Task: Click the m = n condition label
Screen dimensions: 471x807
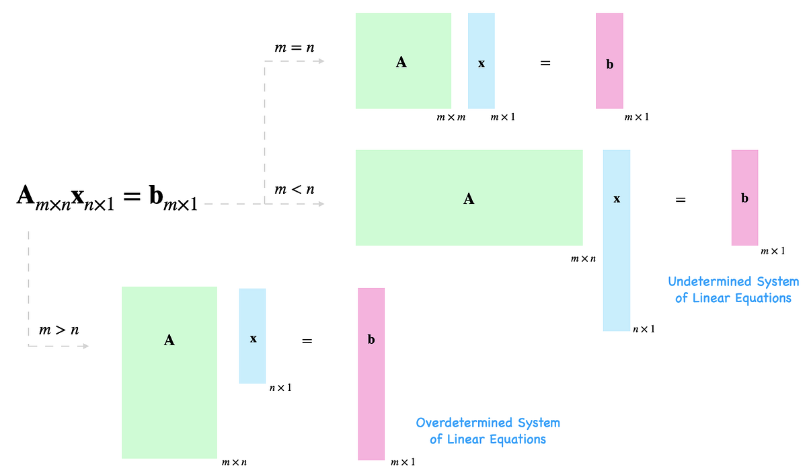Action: click(x=295, y=48)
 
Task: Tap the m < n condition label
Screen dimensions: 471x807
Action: click(x=295, y=190)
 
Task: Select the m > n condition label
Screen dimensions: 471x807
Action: click(x=59, y=330)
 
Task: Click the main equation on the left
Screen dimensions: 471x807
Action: click(x=107, y=198)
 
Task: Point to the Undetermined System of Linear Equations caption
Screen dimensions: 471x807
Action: click(x=733, y=289)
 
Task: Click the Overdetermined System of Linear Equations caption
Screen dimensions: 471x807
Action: click(x=488, y=431)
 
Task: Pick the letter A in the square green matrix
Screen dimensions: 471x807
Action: click(x=401, y=63)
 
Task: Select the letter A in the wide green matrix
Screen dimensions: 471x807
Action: click(x=469, y=198)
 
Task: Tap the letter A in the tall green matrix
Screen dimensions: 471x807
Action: click(x=169, y=340)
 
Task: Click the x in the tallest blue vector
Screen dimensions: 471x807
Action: click(x=617, y=199)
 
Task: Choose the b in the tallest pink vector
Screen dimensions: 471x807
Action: click(x=371, y=340)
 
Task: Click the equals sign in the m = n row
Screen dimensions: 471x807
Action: click(x=545, y=63)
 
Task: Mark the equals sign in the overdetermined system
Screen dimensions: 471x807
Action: click(x=307, y=341)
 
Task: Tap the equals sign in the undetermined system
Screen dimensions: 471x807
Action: click(x=681, y=199)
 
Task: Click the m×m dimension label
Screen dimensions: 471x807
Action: click(x=451, y=118)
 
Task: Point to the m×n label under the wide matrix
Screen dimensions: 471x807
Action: click(x=583, y=258)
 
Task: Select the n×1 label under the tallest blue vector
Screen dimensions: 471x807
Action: click(x=644, y=329)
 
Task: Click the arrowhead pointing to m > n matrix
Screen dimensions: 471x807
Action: click(x=85, y=346)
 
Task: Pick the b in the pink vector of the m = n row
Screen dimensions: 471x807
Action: click(x=610, y=65)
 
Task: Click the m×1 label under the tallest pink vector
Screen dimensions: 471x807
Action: click(x=403, y=462)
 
